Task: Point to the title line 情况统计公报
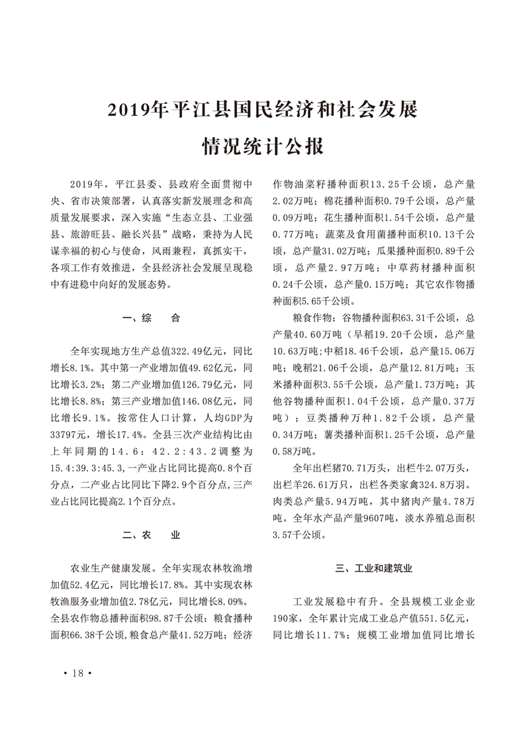pyautogui.click(x=263, y=146)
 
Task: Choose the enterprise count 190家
pyautogui.click(x=289, y=619)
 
